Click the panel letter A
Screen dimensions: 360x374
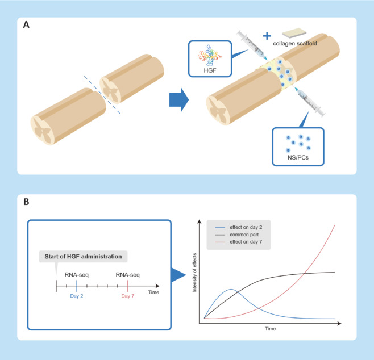point(26,26)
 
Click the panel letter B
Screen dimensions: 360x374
point(26,201)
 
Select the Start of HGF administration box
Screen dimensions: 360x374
point(84,255)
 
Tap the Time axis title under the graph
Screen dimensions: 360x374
point(270,329)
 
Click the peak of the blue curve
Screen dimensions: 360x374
point(230,290)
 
